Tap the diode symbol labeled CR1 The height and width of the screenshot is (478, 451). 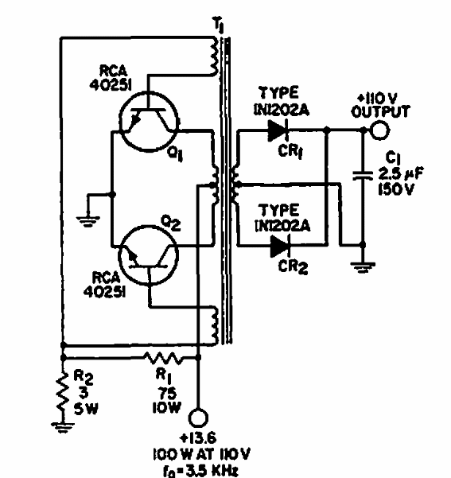tap(278, 129)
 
